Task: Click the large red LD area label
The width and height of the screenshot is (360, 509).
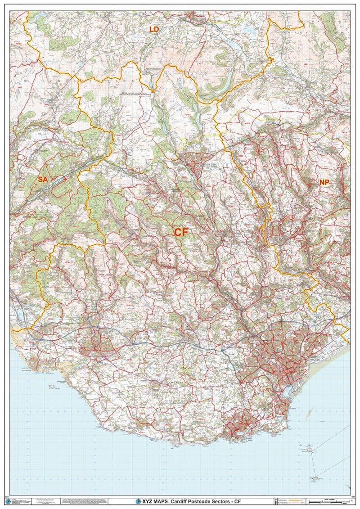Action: pyautogui.click(x=154, y=30)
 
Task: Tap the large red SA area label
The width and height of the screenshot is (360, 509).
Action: pyautogui.click(x=43, y=180)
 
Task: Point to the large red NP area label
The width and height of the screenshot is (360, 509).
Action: pyautogui.click(x=324, y=182)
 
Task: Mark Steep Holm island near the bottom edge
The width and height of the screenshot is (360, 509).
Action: pyautogui.click(x=316, y=478)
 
